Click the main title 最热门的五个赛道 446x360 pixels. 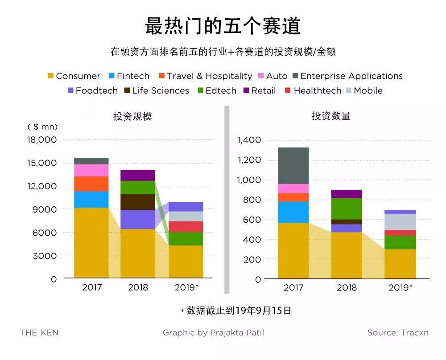[223, 26]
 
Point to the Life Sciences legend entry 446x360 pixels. [156, 90]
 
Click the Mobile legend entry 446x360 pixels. [363, 90]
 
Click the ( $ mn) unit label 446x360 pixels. [42, 127]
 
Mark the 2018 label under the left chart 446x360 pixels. [138, 287]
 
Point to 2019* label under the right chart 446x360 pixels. [400, 287]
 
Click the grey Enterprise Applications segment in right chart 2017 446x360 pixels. [293, 165]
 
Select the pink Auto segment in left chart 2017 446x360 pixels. [91, 170]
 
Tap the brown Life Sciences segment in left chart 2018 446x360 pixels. [138, 202]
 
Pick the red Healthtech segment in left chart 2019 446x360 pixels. [186, 226]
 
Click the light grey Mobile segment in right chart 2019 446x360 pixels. [400, 221]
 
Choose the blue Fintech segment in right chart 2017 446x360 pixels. [293, 212]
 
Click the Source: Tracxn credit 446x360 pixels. [398, 333]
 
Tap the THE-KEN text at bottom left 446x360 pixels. [39, 333]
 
